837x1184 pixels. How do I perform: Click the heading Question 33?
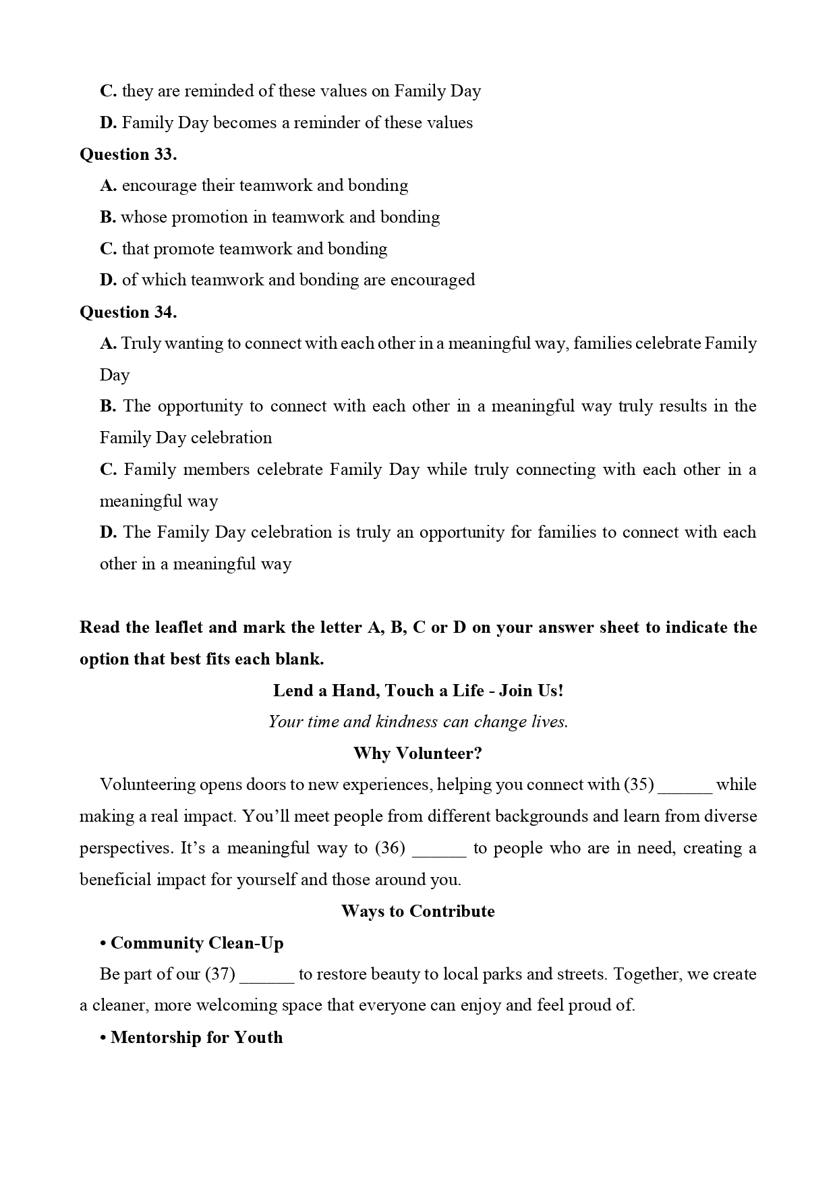pyautogui.click(x=128, y=154)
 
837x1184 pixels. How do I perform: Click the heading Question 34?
pyautogui.click(x=128, y=312)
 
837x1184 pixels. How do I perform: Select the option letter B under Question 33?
pyautogui.click(x=108, y=217)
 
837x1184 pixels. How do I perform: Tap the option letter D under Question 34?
pyautogui.click(x=109, y=532)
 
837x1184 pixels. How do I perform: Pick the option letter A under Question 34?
pyautogui.click(x=108, y=343)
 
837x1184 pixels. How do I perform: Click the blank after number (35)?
pyautogui.click(x=685, y=786)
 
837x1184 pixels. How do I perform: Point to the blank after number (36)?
pyautogui.click(x=438, y=849)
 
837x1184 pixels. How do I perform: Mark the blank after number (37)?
pyautogui.click(x=267, y=976)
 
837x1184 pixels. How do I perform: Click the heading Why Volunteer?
pyautogui.click(x=418, y=754)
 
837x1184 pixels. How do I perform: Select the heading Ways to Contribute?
pyautogui.click(x=418, y=911)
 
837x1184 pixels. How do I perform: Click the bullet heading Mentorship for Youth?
pyautogui.click(x=196, y=1038)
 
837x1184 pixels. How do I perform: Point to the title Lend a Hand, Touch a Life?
pyautogui.click(x=378, y=691)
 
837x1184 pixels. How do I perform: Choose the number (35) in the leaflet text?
pyautogui.click(x=639, y=785)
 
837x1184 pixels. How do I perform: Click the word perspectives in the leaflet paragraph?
pyautogui.click(x=125, y=849)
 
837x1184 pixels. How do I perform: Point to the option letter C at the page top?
pyautogui.click(x=108, y=91)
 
